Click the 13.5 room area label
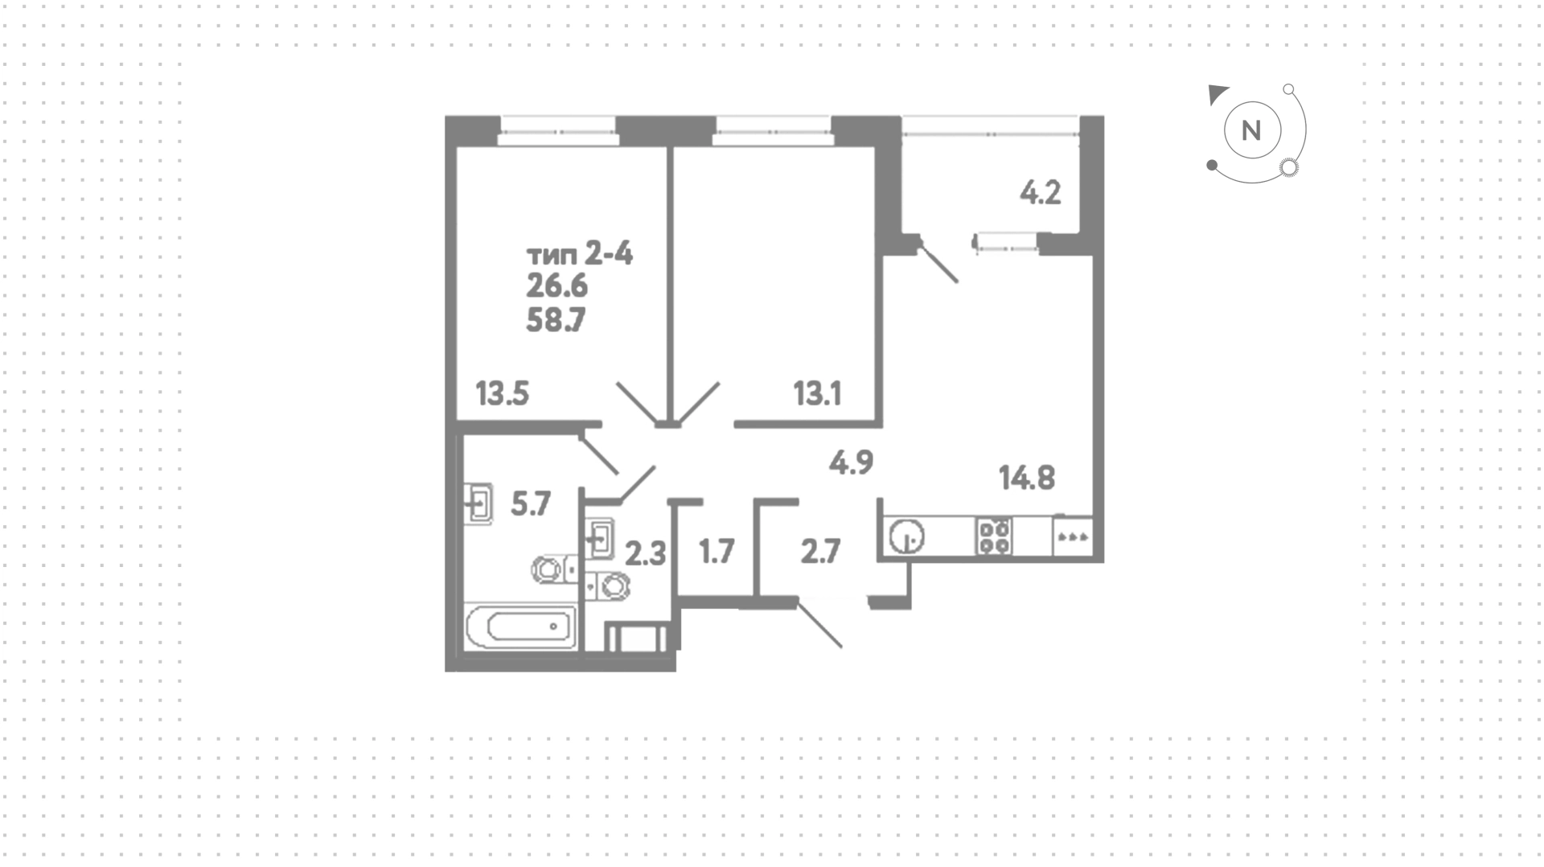tap(502, 394)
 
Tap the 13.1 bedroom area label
tap(817, 394)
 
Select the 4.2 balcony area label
tap(1041, 193)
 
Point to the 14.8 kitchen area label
tap(1027, 478)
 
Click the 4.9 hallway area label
tap(851, 462)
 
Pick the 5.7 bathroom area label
tap(531, 504)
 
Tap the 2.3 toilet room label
tap(646, 554)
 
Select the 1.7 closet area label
tap(717, 553)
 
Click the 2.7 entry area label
tap(820, 553)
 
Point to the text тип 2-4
tap(580, 255)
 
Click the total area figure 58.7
tap(556, 320)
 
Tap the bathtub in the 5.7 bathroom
tap(521, 627)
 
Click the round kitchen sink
tap(907, 536)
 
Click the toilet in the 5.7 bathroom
tap(552, 569)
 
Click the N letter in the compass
tap(1251, 130)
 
